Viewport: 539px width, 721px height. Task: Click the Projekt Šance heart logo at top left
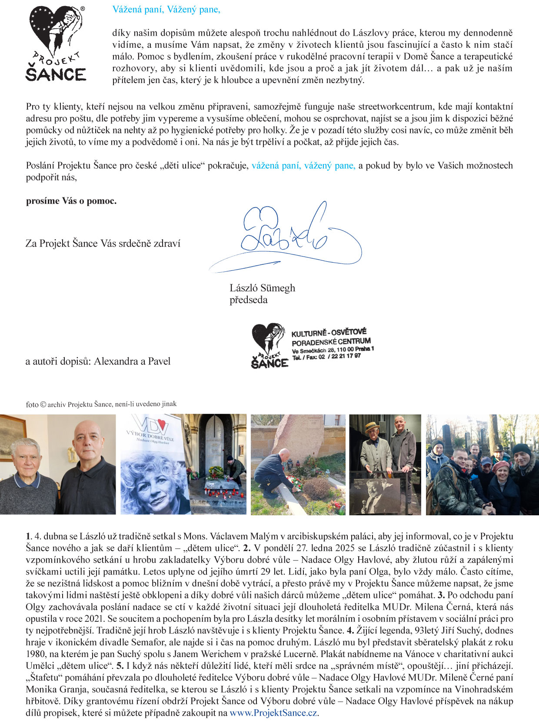(56, 43)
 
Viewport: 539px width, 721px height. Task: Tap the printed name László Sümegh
(262, 288)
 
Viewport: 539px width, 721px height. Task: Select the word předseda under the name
(248, 300)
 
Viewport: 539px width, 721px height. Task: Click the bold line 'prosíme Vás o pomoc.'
(71, 201)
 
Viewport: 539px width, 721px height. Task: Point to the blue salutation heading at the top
(166, 10)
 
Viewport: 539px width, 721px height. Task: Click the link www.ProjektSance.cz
(273, 713)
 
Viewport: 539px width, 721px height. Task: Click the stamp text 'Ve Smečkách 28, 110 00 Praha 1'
(333, 350)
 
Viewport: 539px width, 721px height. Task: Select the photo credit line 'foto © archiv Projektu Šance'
(101, 404)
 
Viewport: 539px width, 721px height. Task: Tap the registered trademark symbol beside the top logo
(83, 8)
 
